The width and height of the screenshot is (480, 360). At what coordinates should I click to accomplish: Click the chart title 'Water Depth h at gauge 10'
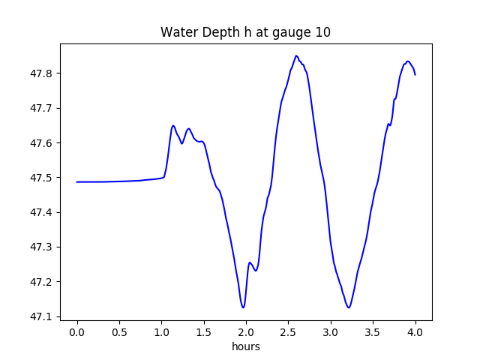click(245, 33)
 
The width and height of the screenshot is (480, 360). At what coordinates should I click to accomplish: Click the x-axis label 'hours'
click(245, 347)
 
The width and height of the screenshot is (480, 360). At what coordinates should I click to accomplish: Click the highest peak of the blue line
click(297, 55)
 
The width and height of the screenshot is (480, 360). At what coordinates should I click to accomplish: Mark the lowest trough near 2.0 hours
click(243, 307)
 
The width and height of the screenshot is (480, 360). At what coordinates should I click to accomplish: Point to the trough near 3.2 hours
click(349, 307)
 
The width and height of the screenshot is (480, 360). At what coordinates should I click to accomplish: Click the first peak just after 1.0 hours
click(173, 125)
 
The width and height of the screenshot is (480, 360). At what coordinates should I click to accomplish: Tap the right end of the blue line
click(415, 74)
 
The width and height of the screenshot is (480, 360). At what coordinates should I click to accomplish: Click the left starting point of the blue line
click(77, 181)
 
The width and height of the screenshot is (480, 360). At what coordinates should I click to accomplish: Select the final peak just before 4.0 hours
click(408, 61)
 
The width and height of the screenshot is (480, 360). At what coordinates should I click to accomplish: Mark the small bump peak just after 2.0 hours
click(250, 262)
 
